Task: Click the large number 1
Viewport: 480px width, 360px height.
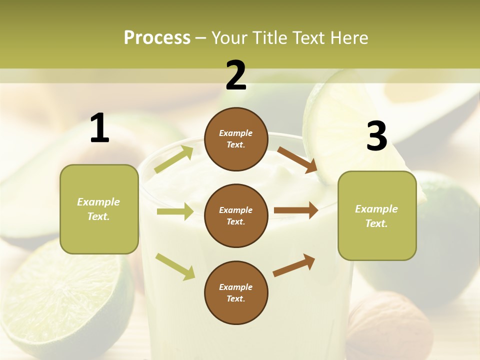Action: click(99, 128)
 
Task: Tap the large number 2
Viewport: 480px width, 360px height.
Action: click(235, 75)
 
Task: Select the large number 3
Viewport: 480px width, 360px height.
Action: click(376, 136)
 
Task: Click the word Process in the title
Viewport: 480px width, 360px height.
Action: click(157, 37)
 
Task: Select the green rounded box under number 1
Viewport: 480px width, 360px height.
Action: click(99, 209)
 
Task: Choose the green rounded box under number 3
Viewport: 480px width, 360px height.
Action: click(377, 215)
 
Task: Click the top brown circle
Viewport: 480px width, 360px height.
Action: click(236, 139)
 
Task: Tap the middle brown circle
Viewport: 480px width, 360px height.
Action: click(236, 215)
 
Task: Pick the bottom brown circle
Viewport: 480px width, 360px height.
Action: click(236, 292)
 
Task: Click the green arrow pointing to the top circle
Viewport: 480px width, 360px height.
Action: click(174, 159)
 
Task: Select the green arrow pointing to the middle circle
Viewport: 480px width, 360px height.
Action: click(175, 211)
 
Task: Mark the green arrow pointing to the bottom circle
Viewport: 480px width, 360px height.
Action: click(175, 266)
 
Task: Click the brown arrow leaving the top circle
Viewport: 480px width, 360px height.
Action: click(297, 159)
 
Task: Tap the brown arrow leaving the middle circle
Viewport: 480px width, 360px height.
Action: click(296, 210)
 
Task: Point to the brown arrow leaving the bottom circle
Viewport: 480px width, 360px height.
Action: click(294, 265)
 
